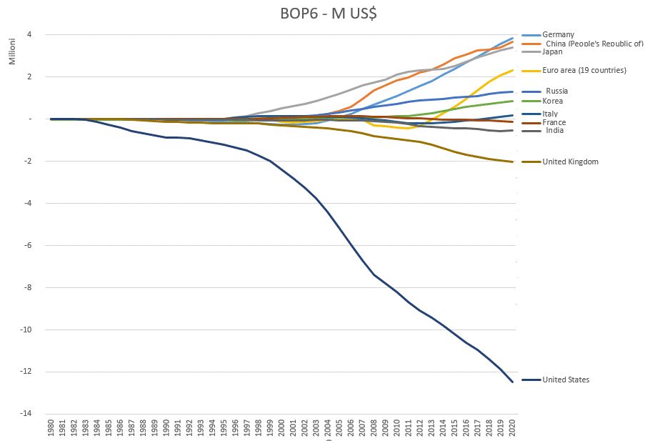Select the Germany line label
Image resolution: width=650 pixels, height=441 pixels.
tap(559, 34)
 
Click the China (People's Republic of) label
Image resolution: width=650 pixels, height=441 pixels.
tap(593, 44)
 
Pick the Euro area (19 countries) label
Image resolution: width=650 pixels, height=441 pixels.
tap(584, 71)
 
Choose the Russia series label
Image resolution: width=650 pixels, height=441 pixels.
tap(558, 91)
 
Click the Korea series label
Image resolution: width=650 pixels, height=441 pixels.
tap(554, 101)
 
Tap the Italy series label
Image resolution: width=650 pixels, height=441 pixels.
tap(551, 114)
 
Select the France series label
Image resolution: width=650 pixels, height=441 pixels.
tap(554, 123)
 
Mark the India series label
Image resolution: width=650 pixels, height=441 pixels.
tap(554, 131)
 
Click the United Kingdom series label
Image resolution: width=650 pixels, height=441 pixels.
tap(570, 162)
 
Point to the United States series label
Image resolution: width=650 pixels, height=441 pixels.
tap(566, 380)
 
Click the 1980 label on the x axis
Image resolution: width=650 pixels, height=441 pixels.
tap(51, 429)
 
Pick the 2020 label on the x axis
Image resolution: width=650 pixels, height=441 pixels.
tap(512, 429)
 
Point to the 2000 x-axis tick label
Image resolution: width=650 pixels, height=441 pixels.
tap(281, 429)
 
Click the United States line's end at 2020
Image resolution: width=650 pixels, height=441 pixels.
tap(512, 382)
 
